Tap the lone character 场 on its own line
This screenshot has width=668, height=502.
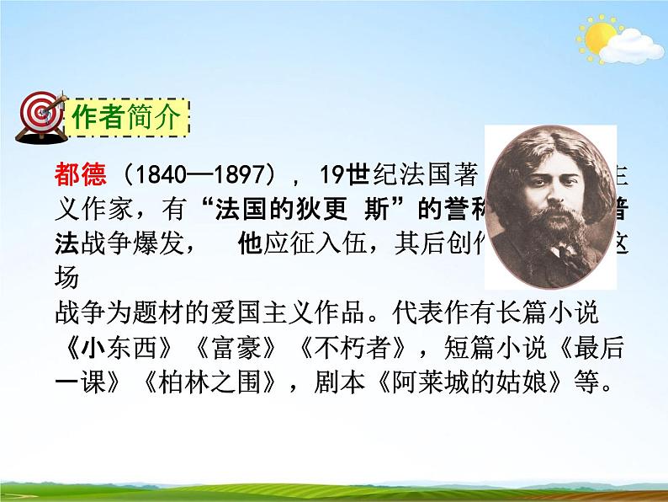[x=66, y=279]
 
